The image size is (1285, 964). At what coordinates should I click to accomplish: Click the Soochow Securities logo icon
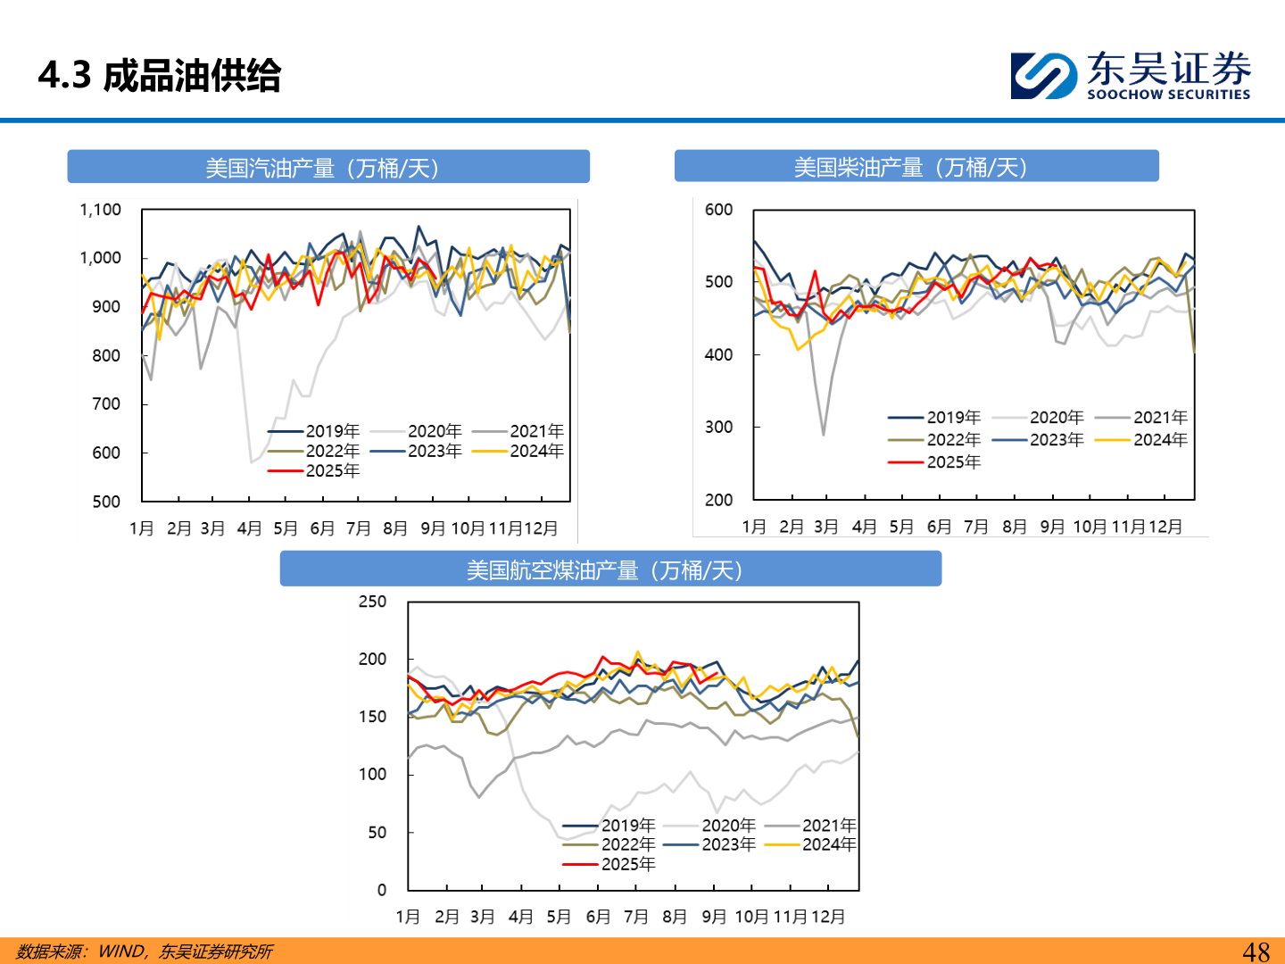point(1042,76)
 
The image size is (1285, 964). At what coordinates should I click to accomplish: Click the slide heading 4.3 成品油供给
point(160,76)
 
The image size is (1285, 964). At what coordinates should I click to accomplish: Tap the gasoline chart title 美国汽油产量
point(322,168)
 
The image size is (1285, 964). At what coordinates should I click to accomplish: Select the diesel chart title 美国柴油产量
point(910,167)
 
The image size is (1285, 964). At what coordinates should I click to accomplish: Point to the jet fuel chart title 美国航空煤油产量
point(604,570)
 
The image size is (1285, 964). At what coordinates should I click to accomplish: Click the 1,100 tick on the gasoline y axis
point(100,210)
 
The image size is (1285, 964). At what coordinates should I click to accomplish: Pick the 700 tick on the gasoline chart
point(105,404)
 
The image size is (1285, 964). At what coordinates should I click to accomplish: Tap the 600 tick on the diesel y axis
point(718,210)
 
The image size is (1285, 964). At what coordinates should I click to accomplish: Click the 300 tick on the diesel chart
point(718,427)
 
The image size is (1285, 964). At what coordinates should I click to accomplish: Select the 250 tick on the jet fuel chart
point(372,602)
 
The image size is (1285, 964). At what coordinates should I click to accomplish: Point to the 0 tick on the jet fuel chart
point(382,890)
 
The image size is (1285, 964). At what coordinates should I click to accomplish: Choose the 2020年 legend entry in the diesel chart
point(1056,417)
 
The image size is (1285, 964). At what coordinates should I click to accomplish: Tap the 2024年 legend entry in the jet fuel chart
point(828,844)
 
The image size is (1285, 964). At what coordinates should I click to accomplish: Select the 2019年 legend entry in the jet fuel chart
point(627,826)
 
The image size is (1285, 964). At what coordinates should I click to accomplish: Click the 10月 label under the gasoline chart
point(468,528)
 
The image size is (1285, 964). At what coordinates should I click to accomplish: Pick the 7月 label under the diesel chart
point(976,527)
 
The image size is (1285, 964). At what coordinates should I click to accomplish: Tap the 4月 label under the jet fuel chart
point(520,917)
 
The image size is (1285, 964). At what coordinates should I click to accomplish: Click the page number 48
point(1256,952)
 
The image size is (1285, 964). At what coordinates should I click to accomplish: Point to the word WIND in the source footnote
point(120,952)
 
